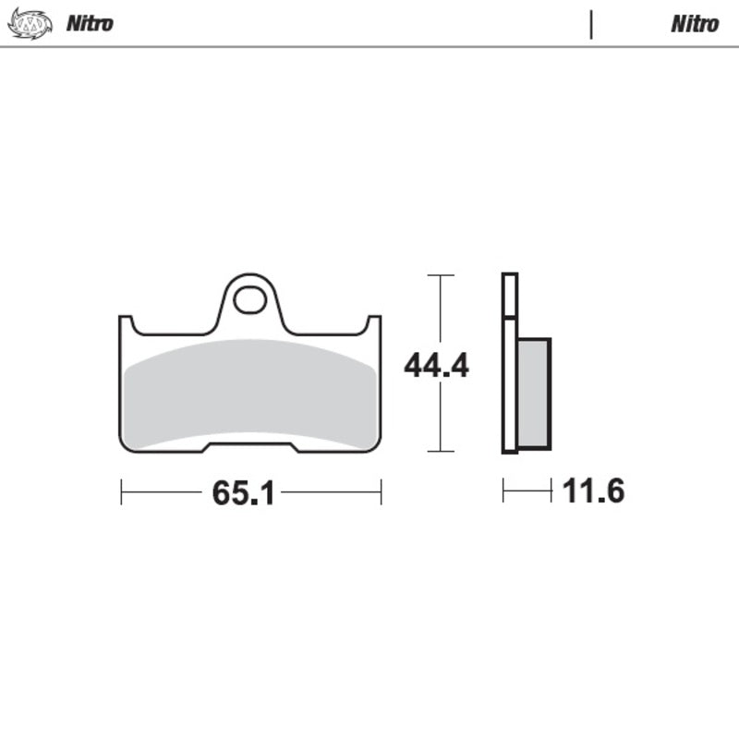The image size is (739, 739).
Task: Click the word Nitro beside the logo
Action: pos(90,23)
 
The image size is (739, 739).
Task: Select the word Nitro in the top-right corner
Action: pos(695,23)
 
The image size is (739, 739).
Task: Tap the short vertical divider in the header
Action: pos(590,24)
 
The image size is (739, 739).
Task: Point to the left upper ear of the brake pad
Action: pos(126,323)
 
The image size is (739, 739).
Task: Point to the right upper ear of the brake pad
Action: pos(374,323)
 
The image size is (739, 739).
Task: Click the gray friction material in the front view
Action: pos(249,393)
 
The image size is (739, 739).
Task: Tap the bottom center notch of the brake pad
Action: pos(250,447)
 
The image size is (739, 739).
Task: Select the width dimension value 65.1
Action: pos(244,493)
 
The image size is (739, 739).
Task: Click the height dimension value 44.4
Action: pos(436,366)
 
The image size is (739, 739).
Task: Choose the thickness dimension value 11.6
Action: pos(593,491)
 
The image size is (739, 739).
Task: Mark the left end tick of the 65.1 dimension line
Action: pos(121,492)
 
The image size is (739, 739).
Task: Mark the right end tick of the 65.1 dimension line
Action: pos(381,492)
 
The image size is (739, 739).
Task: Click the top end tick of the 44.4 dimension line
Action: pos(441,275)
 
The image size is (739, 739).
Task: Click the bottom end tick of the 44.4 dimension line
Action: pos(441,451)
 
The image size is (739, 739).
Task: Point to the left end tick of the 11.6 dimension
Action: pos(503,491)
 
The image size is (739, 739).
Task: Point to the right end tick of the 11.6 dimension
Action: pos(551,491)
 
